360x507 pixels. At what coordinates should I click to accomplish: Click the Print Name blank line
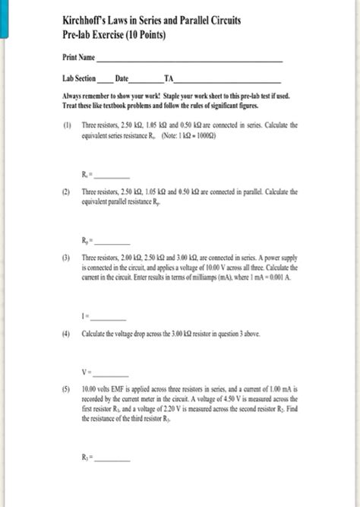(x=189, y=59)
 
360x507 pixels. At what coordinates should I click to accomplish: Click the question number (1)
(x=68, y=123)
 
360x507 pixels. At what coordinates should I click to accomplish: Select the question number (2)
(x=68, y=192)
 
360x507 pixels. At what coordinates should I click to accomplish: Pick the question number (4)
(x=68, y=335)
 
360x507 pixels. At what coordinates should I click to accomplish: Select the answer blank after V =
(x=112, y=373)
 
